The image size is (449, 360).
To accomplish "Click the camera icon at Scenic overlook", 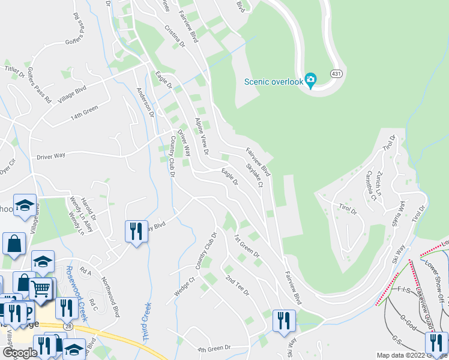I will [x=310, y=80].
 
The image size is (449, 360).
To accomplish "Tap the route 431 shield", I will [x=336, y=73].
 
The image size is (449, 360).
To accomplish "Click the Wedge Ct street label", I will [x=185, y=285].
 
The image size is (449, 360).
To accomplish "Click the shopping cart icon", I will [x=41, y=289].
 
